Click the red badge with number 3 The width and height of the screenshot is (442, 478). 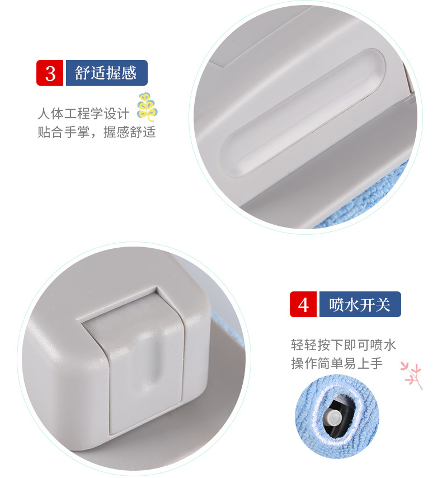(50, 73)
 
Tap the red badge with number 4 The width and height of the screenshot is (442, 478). (303, 304)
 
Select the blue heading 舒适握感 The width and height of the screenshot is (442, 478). (106, 73)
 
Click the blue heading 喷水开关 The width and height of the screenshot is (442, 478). (360, 304)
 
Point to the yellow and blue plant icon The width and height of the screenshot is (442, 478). (147, 107)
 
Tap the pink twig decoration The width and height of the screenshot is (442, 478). (412, 375)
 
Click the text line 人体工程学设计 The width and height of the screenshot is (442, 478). (84, 113)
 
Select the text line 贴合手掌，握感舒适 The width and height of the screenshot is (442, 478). (97, 132)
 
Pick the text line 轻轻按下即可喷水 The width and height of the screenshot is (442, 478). (344, 345)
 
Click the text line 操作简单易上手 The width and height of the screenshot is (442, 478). (337, 363)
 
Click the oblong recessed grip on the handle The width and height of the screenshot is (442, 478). (302, 113)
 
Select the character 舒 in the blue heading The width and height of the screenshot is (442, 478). (83, 73)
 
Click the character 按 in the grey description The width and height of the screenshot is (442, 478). (324, 345)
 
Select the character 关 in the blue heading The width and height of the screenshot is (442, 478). (383, 304)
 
